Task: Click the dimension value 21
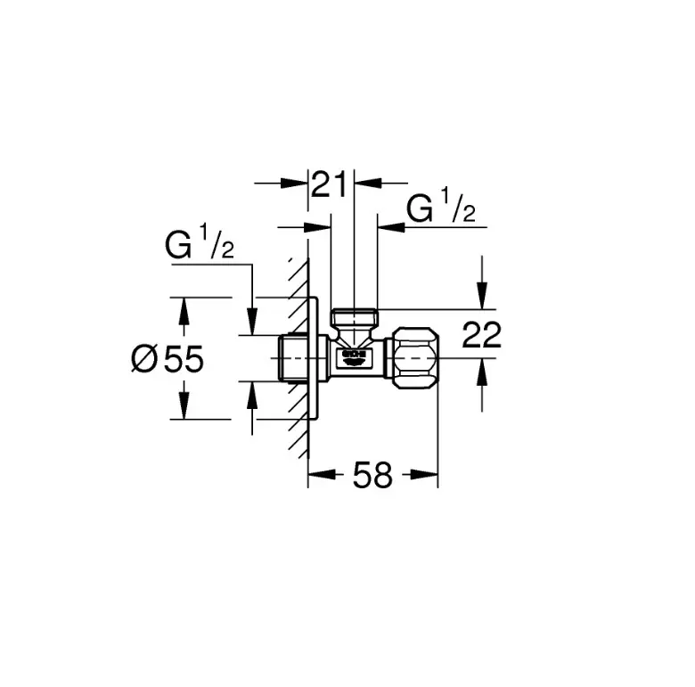pyautogui.click(x=330, y=185)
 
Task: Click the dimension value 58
pyautogui.click(x=372, y=476)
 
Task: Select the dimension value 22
pyautogui.click(x=482, y=335)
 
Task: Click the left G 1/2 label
pyautogui.click(x=200, y=245)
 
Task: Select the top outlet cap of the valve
pyautogui.click(x=355, y=317)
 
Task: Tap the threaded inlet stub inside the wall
pyautogui.click(x=290, y=358)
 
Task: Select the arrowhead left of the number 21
pyautogui.click(x=298, y=184)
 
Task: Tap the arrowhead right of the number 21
pyautogui.click(x=364, y=184)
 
